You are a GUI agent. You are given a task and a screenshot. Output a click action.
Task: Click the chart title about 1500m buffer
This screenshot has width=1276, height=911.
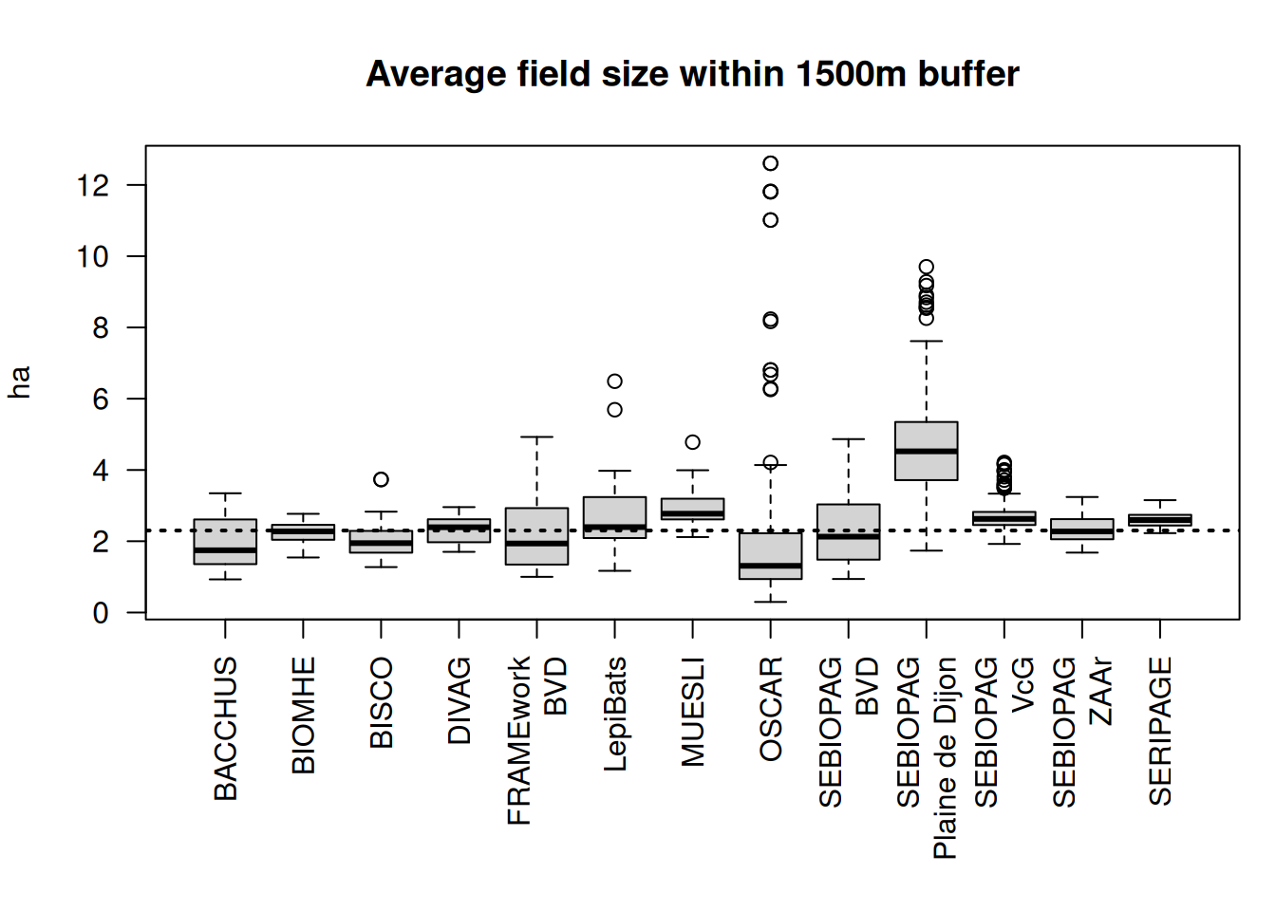click(692, 74)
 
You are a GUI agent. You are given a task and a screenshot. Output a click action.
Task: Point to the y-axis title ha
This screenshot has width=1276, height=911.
click(20, 381)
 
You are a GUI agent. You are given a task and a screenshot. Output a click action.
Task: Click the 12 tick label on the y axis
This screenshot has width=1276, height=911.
click(93, 185)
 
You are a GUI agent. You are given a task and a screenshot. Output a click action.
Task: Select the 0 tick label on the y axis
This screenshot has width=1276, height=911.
click(101, 613)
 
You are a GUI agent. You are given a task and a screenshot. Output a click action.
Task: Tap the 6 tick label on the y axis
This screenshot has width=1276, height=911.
click(101, 400)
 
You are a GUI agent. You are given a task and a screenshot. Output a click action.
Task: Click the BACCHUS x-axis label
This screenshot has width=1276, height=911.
click(226, 729)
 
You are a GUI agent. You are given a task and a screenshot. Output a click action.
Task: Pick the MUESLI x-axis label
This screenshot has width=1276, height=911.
click(693, 712)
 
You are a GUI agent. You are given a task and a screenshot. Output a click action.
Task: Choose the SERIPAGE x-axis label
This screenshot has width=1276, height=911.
click(1160, 731)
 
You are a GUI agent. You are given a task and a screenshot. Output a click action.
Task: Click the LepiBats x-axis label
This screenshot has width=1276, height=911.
click(615, 714)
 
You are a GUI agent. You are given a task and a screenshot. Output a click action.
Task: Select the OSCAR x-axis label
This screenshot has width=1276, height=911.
click(771, 709)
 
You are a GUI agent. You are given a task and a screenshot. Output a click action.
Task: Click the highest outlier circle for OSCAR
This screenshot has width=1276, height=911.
click(770, 163)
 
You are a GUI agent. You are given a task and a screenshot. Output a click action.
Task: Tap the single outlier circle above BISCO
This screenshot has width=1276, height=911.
click(381, 479)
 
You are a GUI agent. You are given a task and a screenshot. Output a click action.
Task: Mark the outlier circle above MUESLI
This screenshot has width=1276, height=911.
click(693, 442)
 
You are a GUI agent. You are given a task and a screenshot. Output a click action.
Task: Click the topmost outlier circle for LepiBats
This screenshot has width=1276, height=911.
click(615, 381)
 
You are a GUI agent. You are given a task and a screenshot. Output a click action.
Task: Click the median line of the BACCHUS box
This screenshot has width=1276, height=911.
click(225, 550)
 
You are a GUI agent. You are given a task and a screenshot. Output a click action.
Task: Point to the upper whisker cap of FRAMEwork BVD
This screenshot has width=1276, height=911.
click(537, 437)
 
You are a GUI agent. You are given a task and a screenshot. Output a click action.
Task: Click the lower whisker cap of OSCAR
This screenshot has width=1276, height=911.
click(771, 602)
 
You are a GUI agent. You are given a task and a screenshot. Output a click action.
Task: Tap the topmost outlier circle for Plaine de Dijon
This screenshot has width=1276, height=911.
click(927, 268)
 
